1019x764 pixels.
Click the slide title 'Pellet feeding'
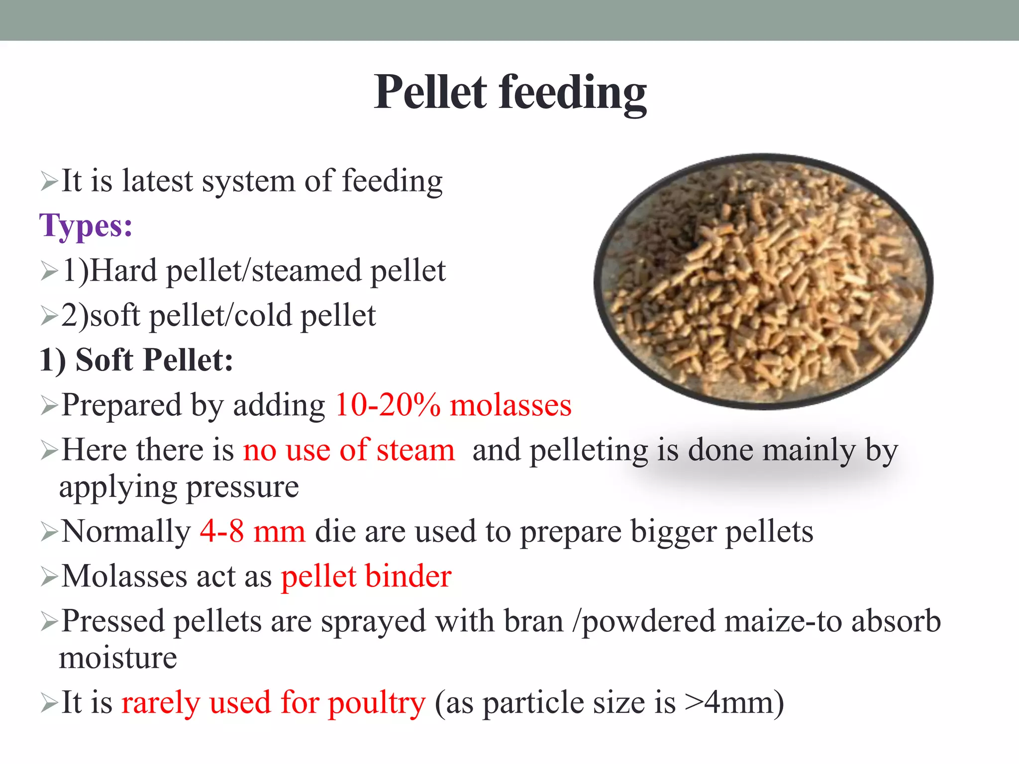coord(510,92)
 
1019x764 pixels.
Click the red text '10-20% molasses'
coord(453,405)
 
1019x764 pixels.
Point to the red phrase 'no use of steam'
coord(349,450)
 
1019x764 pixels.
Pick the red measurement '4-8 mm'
coord(253,531)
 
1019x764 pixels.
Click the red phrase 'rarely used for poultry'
coord(274,702)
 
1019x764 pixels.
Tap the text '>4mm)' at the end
coord(734,702)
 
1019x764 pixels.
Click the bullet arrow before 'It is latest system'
coord(49,182)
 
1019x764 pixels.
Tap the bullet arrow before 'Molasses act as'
coord(49,577)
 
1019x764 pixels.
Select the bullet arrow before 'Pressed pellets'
coord(49,622)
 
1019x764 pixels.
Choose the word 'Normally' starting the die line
coord(126,531)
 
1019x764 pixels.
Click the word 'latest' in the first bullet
coord(157,181)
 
